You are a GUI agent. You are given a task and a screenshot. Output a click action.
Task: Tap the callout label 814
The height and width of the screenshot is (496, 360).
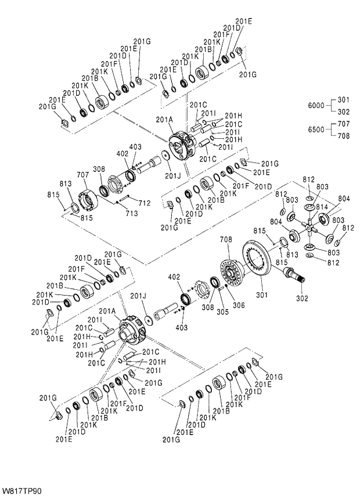coord(321,207)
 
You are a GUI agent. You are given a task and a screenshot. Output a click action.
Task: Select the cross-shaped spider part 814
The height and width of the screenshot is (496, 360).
coord(312,225)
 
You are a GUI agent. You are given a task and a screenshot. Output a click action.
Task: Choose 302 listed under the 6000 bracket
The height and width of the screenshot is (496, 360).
coord(344,112)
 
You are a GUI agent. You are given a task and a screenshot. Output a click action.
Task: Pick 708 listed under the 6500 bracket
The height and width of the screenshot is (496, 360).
coord(344,136)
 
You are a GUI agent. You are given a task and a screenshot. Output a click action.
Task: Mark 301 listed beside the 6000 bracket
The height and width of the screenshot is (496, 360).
coord(344,99)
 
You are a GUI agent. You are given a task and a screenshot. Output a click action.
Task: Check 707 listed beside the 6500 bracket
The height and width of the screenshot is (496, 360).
coord(344,124)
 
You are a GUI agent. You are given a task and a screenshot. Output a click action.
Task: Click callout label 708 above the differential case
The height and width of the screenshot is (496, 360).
coord(226,239)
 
